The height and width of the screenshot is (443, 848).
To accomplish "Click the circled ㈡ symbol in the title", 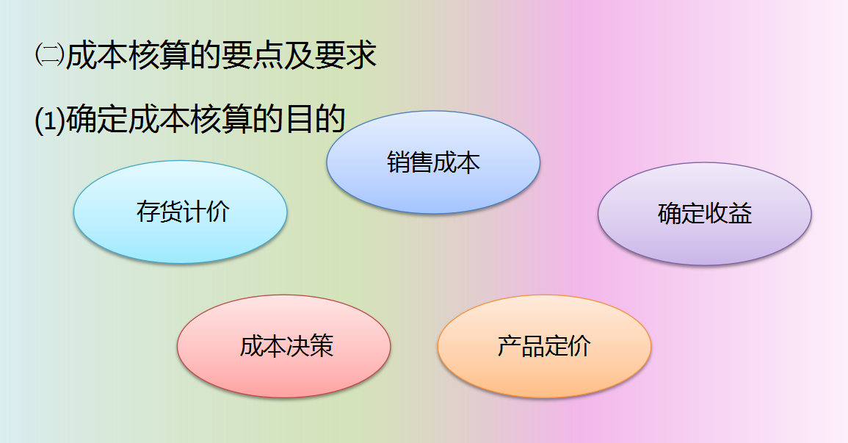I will [x=49, y=56].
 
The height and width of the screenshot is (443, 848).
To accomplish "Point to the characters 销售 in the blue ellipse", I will [x=410, y=162].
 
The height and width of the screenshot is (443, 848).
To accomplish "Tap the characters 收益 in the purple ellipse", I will [x=728, y=214].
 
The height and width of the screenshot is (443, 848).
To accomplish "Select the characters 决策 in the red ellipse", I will [x=310, y=346].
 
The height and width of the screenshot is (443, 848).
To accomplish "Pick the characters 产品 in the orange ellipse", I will [x=521, y=346].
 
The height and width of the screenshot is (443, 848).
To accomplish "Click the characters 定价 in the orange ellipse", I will [x=568, y=346].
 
